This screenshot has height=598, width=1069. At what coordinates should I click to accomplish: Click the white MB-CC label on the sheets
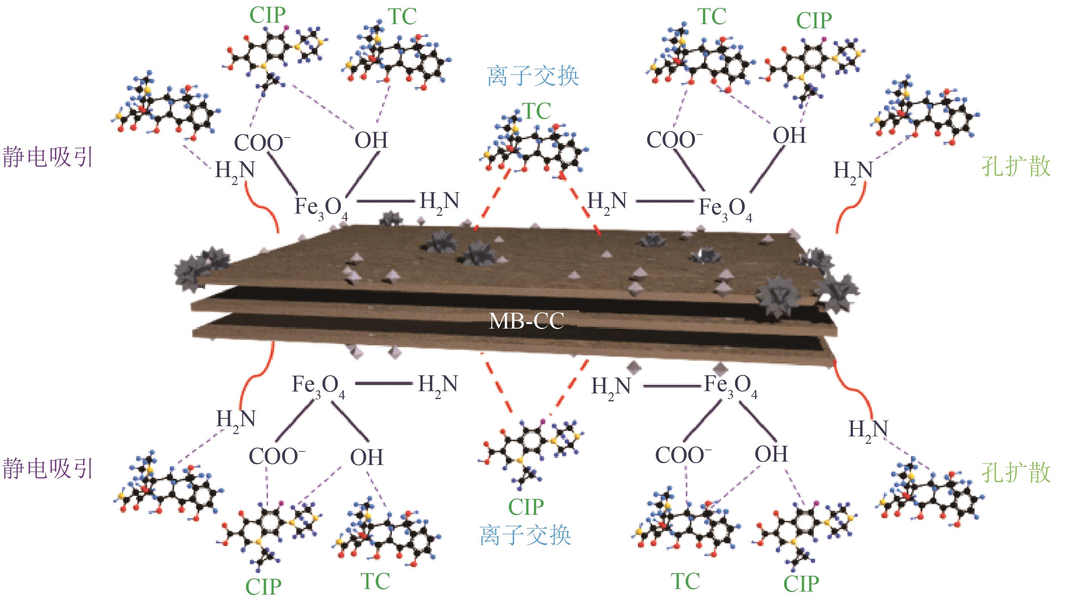point(526,321)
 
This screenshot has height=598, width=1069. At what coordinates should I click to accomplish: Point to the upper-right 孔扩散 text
point(1016,167)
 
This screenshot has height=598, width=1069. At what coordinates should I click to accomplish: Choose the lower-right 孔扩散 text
point(1016,473)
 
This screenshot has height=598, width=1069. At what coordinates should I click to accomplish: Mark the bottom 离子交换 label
point(525,535)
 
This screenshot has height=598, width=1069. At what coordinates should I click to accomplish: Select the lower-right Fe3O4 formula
point(731,386)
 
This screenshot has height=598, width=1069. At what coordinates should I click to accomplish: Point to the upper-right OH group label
point(789,136)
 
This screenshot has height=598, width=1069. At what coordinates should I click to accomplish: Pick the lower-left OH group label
point(367,457)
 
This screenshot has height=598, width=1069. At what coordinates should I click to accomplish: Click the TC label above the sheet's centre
point(537,111)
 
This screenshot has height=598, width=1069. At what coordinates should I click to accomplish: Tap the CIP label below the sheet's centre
point(526,507)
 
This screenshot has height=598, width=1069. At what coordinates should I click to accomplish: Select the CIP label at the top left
point(267,16)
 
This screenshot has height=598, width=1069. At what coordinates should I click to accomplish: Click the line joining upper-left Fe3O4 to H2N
point(385,202)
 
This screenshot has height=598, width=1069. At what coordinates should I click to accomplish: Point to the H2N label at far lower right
point(868,430)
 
